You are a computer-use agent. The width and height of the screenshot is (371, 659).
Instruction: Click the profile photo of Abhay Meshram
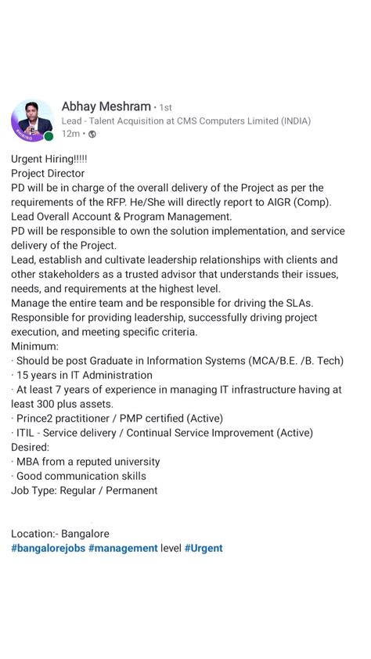tap(32, 121)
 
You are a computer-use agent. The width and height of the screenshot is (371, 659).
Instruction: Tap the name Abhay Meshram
tap(106, 106)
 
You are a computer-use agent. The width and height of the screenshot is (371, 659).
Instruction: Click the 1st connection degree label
tap(166, 108)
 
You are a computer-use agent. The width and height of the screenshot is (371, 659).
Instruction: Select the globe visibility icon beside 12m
tap(92, 135)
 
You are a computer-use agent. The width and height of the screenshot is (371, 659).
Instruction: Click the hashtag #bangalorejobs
tap(48, 548)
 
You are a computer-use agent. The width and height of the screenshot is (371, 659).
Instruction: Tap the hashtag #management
tap(123, 548)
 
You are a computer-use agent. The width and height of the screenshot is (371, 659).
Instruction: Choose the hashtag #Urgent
tap(204, 548)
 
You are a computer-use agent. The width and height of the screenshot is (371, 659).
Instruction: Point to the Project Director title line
tap(48, 173)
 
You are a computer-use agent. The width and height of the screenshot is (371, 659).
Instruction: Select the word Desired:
tap(31, 447)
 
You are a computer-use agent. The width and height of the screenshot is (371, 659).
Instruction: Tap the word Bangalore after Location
tap(85, 534)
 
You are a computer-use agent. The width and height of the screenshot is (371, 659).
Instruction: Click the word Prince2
tap(38, 418)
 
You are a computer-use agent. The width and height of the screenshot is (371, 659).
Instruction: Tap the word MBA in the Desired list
tap(29, 462)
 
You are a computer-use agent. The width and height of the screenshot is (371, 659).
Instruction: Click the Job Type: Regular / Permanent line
tap(84, 491)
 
